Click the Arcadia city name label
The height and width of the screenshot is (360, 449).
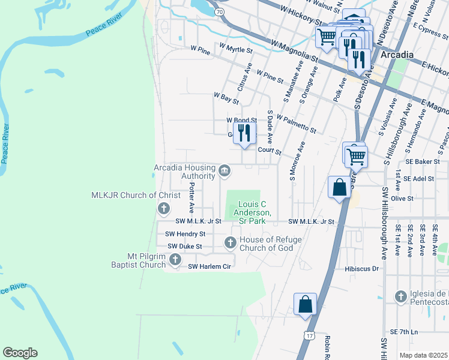pyautogui.click(x=397, y=55)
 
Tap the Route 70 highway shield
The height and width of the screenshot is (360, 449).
pyautogui.click(x=220, y=12)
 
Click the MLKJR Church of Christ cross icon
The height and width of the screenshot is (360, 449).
pyautogui.click(x=163, y=208)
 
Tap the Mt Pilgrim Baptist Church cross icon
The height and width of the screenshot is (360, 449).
pyautogui.click(x=175, y=259)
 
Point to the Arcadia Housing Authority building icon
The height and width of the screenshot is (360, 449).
pyautogui.click(x=224, y=171)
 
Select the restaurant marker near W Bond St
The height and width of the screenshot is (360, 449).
pyautogui.click(x=244, y=133)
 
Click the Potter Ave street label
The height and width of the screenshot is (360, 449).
pyautogui.click(x=191, y=199)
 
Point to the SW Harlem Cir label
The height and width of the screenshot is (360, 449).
pyautogui.click(x=209, y=266)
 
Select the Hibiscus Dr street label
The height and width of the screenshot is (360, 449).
pyautogui.click(x=362, y=269)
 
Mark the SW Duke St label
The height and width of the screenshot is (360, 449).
pyautogui.click(x=184, y=246)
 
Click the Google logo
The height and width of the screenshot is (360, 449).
pyautogui.click(x=20, y=353)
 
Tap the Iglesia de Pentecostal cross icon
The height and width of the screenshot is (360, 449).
pyautogui.click(x=401, y=296)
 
